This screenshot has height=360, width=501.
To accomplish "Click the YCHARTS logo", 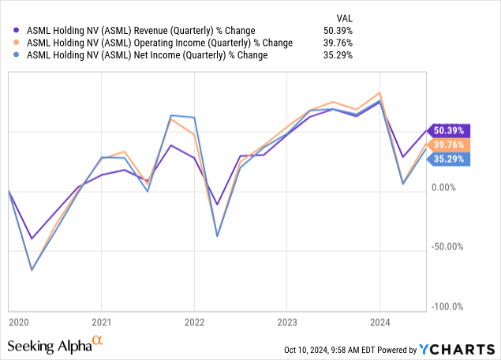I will pyautogui.click(x=457, y=348).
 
